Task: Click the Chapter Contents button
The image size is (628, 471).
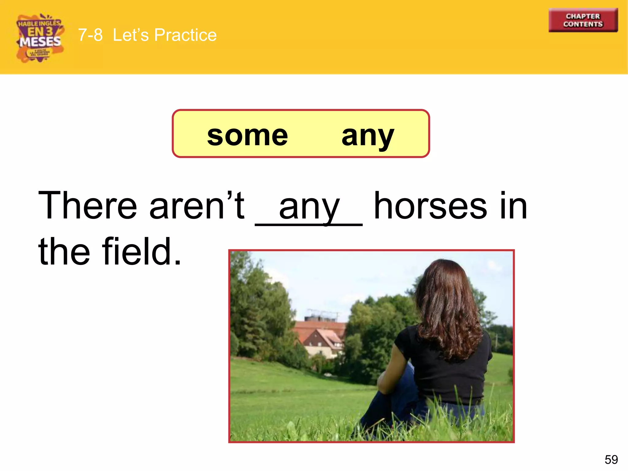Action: (x=583, y=20)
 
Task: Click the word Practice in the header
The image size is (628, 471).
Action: (x=185, y=35)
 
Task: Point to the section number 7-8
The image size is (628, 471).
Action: (x=90, y=35)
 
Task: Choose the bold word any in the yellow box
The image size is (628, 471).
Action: (x=367, y=136)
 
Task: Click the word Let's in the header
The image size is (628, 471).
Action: (x=131, y=35)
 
